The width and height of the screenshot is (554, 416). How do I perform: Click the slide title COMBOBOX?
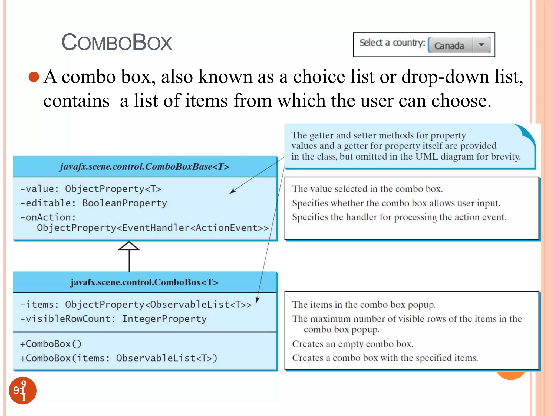[x=117, y=43]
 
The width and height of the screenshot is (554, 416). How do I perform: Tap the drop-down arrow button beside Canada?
[x=481, y=45]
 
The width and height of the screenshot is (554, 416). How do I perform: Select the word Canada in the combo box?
[x=449, y=45]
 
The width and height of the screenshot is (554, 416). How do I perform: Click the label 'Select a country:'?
[x=392, y=43]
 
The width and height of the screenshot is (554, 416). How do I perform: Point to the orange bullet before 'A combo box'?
[x=34, y=77]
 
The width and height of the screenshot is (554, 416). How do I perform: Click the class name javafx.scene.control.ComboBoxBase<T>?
[x=144, y=166]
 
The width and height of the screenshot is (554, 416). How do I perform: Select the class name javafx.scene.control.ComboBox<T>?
[x=144, y=282]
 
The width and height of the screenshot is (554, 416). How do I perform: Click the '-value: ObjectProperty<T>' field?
[x=91, y=189]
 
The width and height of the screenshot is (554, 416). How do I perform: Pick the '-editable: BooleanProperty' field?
[x=94, y=203]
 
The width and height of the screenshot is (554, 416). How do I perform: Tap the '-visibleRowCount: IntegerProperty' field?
[x=113, y=319]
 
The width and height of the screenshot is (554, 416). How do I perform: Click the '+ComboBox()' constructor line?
[x=51, y=344]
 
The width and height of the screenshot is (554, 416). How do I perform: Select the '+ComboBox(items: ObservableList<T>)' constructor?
[x=118, y=358]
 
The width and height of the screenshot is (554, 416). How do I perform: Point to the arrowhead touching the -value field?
[x=232, y=191]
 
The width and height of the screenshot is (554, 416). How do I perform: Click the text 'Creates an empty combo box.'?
[x=352, y=344]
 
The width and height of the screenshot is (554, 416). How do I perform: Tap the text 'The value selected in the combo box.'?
[x=367, y=189]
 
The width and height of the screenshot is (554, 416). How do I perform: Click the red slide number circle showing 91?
[x=23, y=391]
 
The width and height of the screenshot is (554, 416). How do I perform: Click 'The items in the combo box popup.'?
[x=364, y=305]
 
